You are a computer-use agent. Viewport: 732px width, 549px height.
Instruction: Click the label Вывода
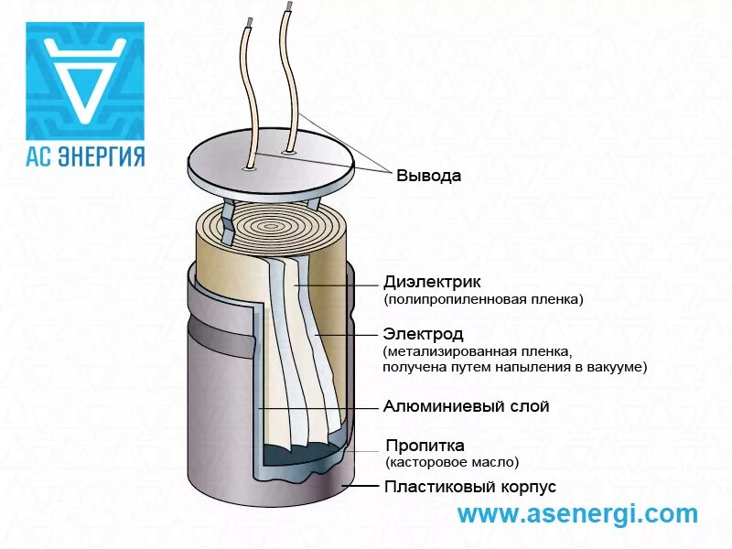click(428, 176)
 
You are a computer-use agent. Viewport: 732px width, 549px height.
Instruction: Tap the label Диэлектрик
click(432, 282)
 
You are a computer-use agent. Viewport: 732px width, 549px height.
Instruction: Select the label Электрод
click(424, 334)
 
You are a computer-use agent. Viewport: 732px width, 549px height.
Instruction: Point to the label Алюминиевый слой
click(467, 405)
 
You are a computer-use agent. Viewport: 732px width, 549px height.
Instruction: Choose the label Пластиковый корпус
click(469, 487)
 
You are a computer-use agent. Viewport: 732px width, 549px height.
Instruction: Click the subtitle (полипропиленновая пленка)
click(483, 299)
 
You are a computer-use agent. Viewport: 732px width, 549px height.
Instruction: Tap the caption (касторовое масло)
click(452, 463)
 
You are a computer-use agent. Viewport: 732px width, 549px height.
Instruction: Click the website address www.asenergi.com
click(577, 514)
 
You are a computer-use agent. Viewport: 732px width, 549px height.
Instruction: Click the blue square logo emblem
click(84, 81)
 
